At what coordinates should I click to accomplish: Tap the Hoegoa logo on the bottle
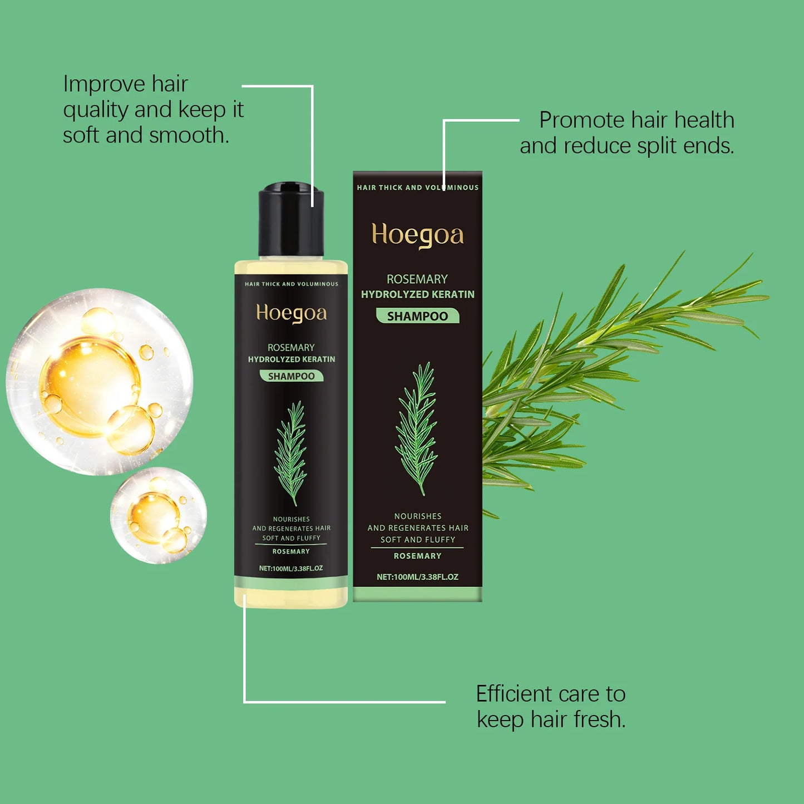point(291,313)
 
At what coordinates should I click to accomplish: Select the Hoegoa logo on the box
point(417,235)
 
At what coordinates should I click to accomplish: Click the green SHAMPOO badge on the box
point(417,316)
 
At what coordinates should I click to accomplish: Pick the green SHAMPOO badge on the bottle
point(291,376)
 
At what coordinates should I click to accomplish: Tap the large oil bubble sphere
point(99,381)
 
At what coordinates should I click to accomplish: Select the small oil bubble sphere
point(159,515)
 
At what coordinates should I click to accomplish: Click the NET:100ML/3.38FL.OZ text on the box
point(417,577)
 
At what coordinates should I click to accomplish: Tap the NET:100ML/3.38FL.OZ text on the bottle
point(291,569)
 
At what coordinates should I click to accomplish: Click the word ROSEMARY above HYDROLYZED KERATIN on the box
point(417,279)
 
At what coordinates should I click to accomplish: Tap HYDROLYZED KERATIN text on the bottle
point(292,359)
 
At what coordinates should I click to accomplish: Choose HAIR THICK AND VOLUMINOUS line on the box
point(417,188)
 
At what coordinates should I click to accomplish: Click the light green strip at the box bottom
point(417,594)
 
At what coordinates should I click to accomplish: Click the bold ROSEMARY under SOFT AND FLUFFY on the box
point(417,556)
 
